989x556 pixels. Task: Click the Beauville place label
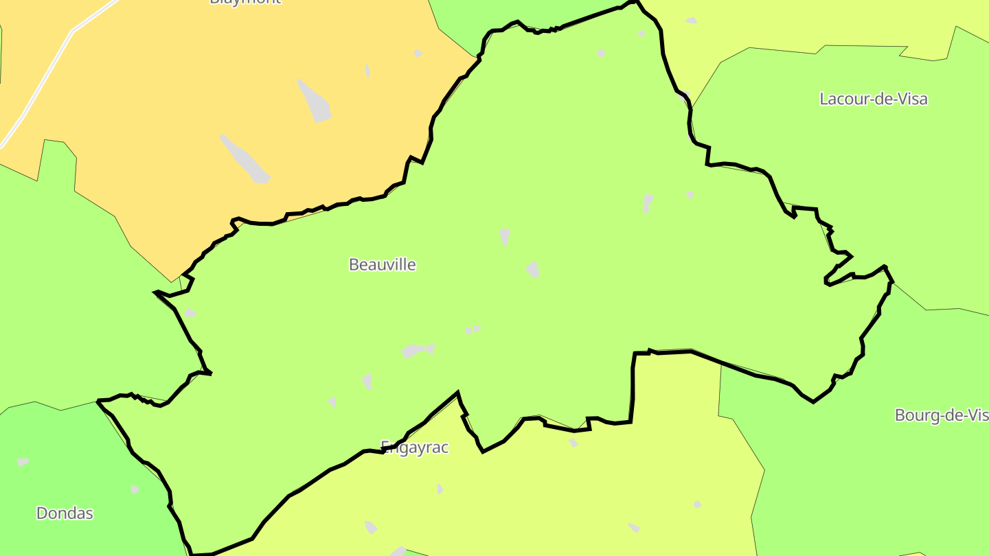(382, 264)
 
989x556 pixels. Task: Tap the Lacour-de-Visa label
(873, 99)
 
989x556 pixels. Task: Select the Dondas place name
(65, 513)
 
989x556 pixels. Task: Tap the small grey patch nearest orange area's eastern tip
(418, 53)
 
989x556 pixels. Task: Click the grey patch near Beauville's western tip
(190, 313)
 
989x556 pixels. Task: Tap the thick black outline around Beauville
(633, 384)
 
